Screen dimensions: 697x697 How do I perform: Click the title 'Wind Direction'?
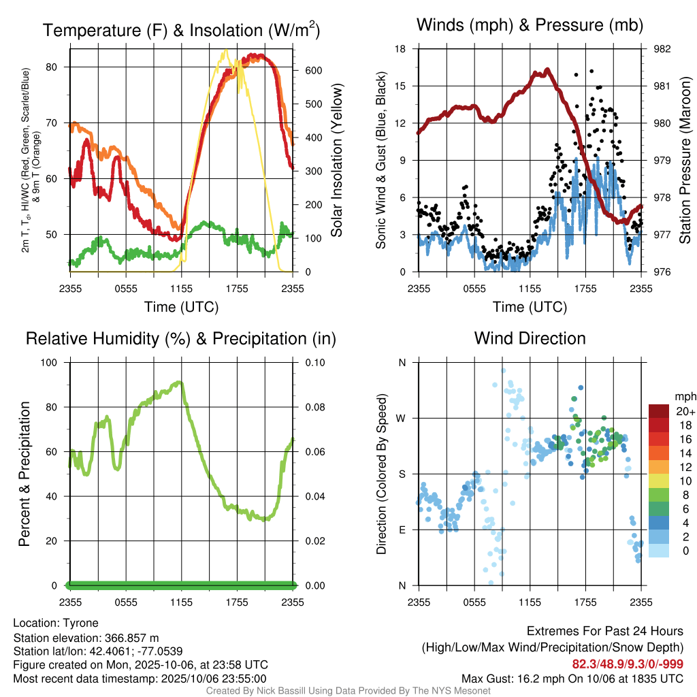point(530,338)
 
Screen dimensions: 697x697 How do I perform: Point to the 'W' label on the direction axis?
point(402,418)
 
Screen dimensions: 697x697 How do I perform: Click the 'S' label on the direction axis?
point(402,474)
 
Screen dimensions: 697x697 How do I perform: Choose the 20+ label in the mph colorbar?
point(684,411)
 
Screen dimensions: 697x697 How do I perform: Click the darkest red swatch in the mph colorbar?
point(660,411)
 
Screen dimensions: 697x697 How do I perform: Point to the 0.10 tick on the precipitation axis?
point(312,362)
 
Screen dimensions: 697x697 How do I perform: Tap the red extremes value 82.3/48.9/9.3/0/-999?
point(627,664)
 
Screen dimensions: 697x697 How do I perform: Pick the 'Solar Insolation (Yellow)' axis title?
point(336,161)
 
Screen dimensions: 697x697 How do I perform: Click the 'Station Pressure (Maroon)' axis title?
point(685,161)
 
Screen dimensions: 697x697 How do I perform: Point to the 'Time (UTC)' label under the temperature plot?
point(181,307)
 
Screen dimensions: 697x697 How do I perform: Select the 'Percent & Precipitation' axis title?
point(25,474)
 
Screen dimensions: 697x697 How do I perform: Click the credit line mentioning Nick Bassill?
point(348,690)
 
